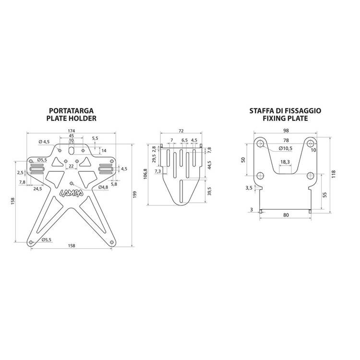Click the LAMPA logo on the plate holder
coord(72,193)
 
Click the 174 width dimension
coord(72,131)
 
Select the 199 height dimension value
coord(135,195)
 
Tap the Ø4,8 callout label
coord(103,187)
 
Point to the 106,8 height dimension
coord(145,174)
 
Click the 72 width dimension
coord(181,131)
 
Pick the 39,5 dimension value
coord(209,191)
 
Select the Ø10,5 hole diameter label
coord(286,148)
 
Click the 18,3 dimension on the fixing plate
coord(285,162)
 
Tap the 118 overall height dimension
coord(334,174)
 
